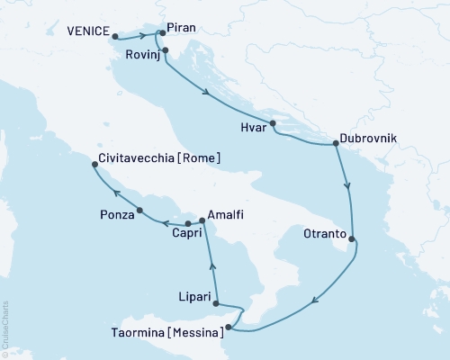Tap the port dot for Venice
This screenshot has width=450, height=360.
115,37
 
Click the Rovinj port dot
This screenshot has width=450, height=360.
165,50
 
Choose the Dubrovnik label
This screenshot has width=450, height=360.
371,140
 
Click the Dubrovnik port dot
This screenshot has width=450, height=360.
336,143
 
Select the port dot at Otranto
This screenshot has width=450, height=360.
351,239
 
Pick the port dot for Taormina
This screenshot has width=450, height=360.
229,328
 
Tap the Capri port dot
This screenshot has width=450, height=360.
188,223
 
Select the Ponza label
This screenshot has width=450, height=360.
117,214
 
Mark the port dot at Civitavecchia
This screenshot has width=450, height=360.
95,164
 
